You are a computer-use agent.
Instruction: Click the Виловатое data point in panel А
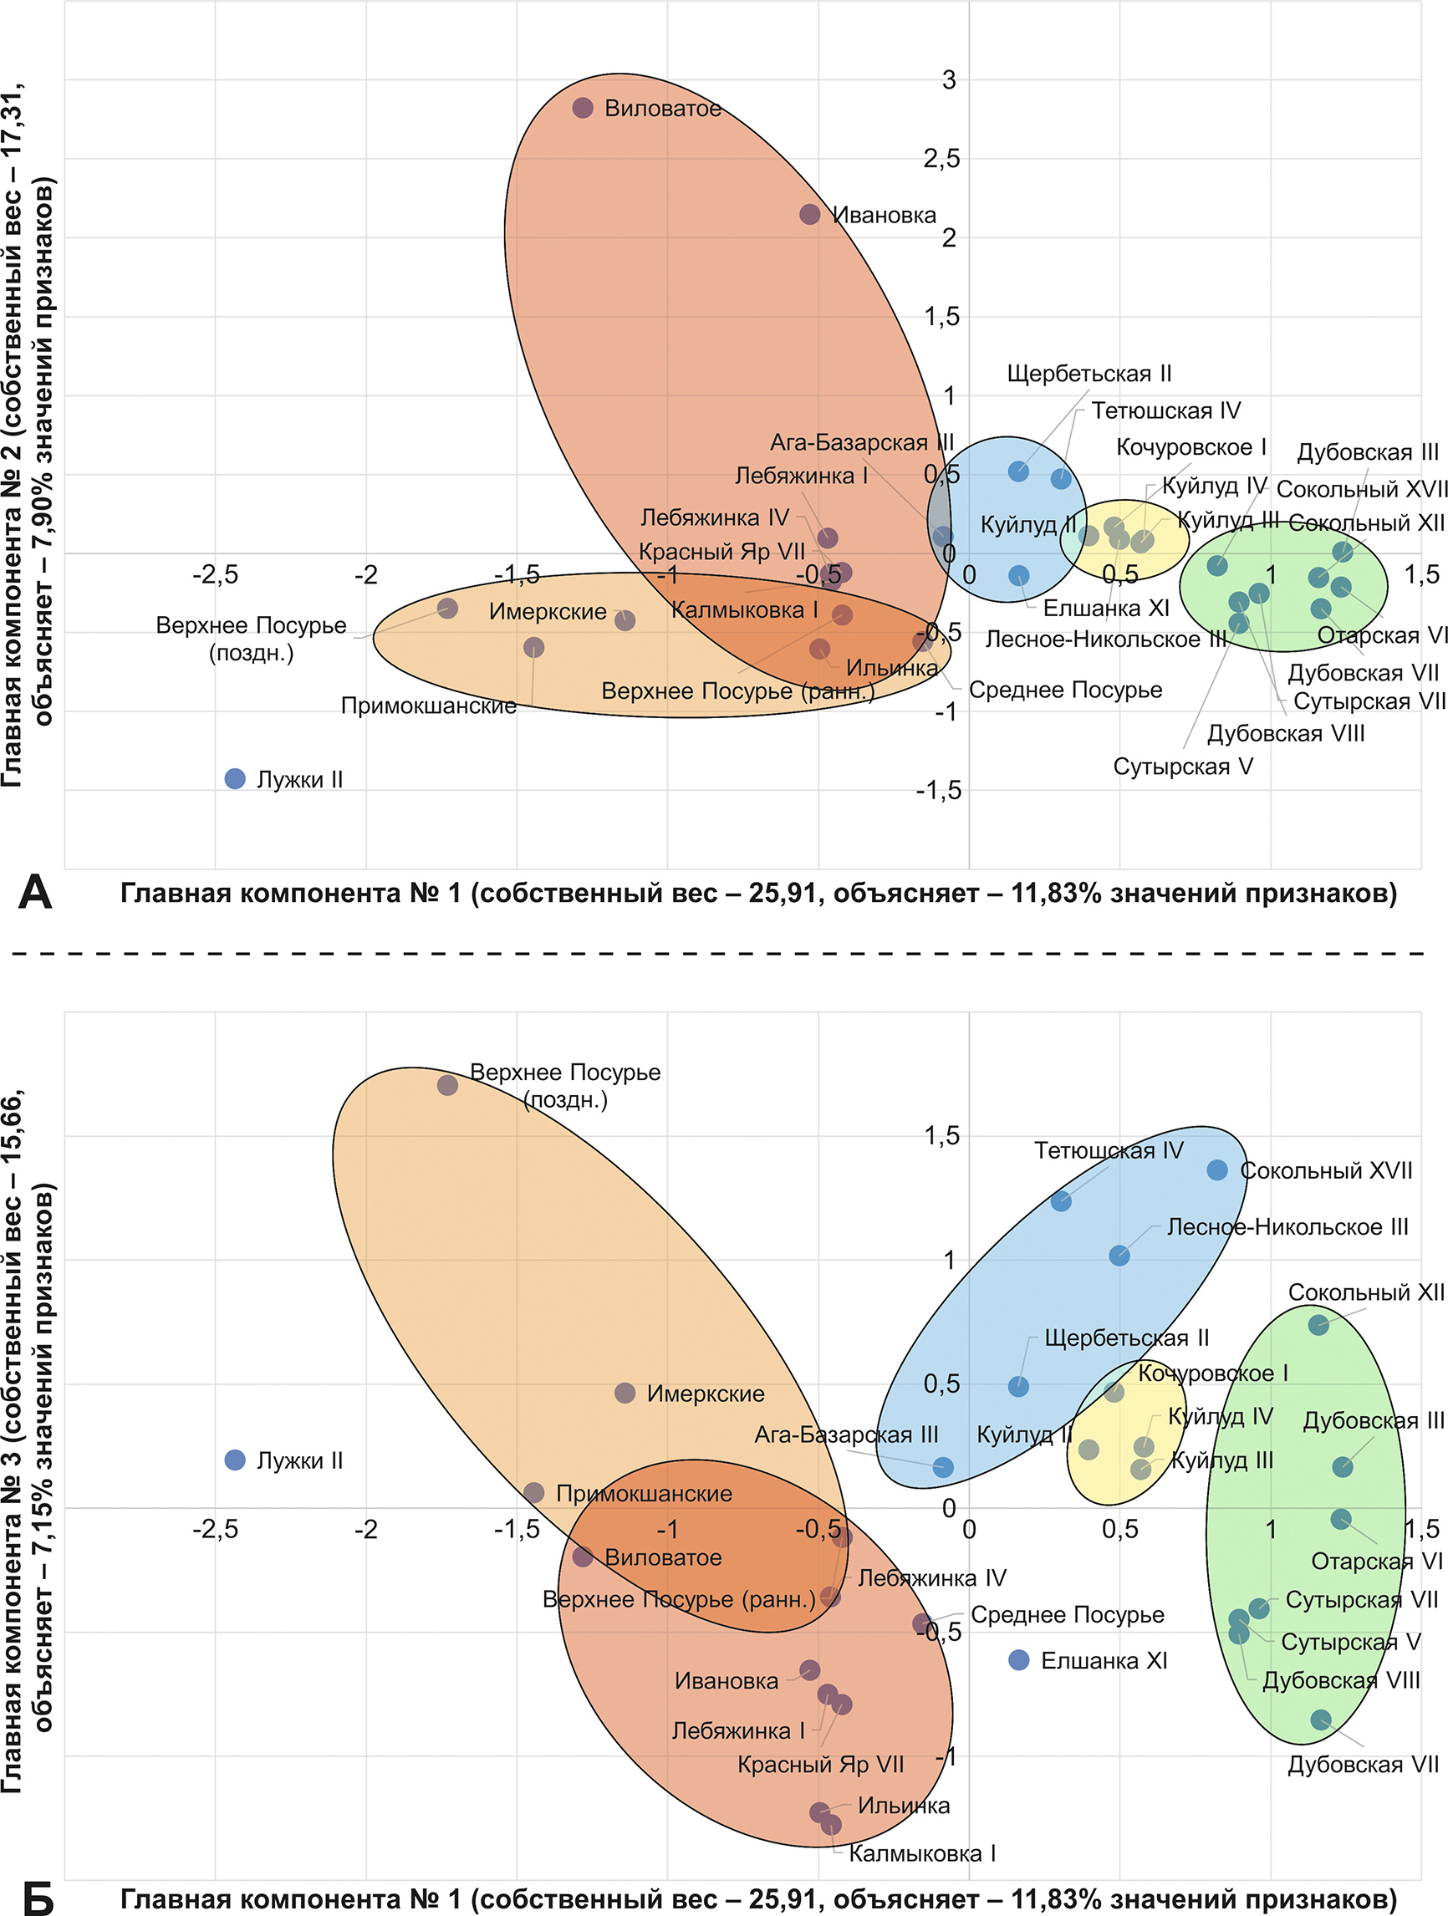point(583,107)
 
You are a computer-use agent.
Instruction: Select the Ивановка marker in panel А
point(810,214)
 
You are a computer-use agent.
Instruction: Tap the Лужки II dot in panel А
point(235,779)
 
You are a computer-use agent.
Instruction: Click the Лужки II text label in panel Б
point(299,1460)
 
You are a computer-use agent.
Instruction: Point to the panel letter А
point(34,892)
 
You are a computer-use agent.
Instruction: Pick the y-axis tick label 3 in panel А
point(949,79)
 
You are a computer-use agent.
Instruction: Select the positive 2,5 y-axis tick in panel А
point(941,159)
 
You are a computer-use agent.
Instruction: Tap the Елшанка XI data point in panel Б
point(1018,1660)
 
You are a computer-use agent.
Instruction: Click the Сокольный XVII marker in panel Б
point(1216,1170)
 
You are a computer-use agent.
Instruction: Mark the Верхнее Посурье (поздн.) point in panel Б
point(447,1084)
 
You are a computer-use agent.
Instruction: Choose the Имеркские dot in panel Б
point(625,1393)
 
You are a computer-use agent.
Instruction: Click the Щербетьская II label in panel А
point(1089,374)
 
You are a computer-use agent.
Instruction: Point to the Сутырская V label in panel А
point(1182,767)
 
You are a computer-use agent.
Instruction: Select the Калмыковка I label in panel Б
point(921,1853)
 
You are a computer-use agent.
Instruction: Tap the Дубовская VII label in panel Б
point(1362,1765)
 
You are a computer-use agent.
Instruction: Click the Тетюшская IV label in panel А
point(1165,410)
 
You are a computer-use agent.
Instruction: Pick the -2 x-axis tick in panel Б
point(365,1530)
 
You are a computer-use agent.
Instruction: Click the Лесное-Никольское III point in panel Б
point(1119,1255)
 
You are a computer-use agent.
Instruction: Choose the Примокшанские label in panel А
point(429,706)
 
